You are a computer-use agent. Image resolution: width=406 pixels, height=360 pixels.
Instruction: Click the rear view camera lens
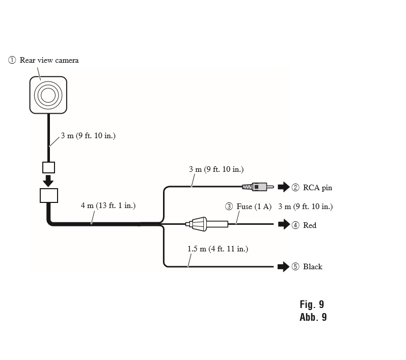coord(48,95)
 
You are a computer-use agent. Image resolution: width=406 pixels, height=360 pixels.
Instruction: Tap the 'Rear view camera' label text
coord(49,60)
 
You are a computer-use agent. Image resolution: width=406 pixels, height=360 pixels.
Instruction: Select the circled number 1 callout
coord(12,60)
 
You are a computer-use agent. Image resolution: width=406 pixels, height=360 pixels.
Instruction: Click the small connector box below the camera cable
coord(49,167)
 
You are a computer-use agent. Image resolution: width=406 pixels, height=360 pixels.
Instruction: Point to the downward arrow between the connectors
coord(48,181)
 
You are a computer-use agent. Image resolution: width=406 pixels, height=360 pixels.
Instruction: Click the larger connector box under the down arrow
coord(49,195)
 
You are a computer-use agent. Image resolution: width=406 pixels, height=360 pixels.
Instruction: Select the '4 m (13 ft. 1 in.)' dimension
coord(108,205)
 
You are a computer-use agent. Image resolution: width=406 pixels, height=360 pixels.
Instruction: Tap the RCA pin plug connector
coord(258,187)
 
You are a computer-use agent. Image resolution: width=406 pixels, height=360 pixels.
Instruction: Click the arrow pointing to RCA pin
coord(284,187)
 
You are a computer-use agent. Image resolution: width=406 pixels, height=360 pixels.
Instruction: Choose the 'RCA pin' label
coord(317,188)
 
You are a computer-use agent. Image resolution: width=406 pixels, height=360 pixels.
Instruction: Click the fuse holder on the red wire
coord(207,224)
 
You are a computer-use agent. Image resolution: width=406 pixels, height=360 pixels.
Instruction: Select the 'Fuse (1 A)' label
coord(254,207)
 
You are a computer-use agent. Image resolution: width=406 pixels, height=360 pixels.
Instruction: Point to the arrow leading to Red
coord(284,224)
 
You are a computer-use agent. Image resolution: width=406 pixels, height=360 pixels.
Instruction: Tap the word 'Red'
coord(310,225)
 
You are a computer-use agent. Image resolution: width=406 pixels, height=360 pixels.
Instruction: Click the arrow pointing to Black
coord(284,267)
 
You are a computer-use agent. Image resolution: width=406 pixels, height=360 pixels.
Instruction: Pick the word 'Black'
coord(313,267)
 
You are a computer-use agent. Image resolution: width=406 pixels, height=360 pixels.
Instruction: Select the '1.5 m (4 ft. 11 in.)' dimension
coord(218,249)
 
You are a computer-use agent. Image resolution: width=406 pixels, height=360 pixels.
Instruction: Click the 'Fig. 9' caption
coord(312,304)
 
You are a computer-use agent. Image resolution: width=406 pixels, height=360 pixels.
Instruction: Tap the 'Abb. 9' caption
coord(313,317)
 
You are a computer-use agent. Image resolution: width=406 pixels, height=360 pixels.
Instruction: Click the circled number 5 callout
coord(295,267)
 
